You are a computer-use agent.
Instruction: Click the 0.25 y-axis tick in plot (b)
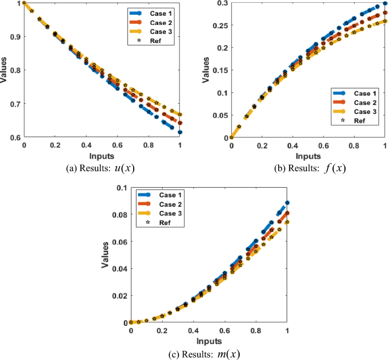[218, 26]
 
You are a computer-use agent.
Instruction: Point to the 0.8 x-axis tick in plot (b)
[354, 146]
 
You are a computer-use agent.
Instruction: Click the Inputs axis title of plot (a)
[101, 155]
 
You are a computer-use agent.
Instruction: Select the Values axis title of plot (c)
[106, 255]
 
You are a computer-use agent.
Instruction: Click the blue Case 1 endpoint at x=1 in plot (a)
[180, 132]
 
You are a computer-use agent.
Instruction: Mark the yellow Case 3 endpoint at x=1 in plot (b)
[385, 22]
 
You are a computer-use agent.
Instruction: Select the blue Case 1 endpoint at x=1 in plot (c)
[287, 202]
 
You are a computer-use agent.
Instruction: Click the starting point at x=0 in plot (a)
[24, 3]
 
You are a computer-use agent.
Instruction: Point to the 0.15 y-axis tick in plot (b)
[218, 70]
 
